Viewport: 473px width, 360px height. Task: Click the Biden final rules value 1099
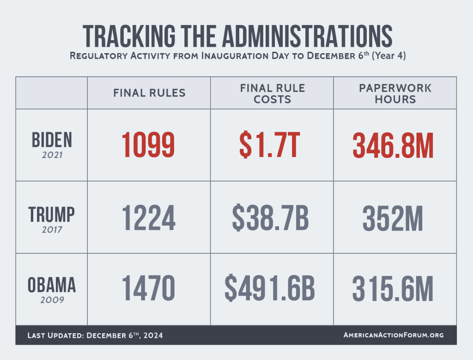point(149,145)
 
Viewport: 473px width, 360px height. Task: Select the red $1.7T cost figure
point(271,145)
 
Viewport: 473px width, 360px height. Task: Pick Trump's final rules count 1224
point(149,218)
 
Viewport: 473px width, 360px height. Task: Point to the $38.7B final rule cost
point(271,218)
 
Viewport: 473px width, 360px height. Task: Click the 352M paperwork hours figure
point(393,218)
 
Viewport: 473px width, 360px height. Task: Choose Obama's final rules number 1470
point(149,290)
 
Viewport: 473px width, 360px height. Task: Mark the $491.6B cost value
point(270,290)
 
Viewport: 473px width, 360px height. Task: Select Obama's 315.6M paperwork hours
point(393,290)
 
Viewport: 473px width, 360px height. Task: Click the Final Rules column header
point(149,93)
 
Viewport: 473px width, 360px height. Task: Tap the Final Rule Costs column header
point(272,93)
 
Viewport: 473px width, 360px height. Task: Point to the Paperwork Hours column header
point(395,93)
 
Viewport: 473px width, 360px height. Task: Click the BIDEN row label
point(52,140)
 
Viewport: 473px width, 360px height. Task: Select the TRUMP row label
point(52,214)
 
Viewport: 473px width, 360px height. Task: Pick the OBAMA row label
point(52,285)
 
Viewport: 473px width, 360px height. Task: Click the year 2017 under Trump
point(52,228)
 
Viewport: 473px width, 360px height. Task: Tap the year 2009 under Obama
point(52,300)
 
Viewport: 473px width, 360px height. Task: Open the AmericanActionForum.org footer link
point(394,335)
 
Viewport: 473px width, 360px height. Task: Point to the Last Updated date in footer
point(95,335)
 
